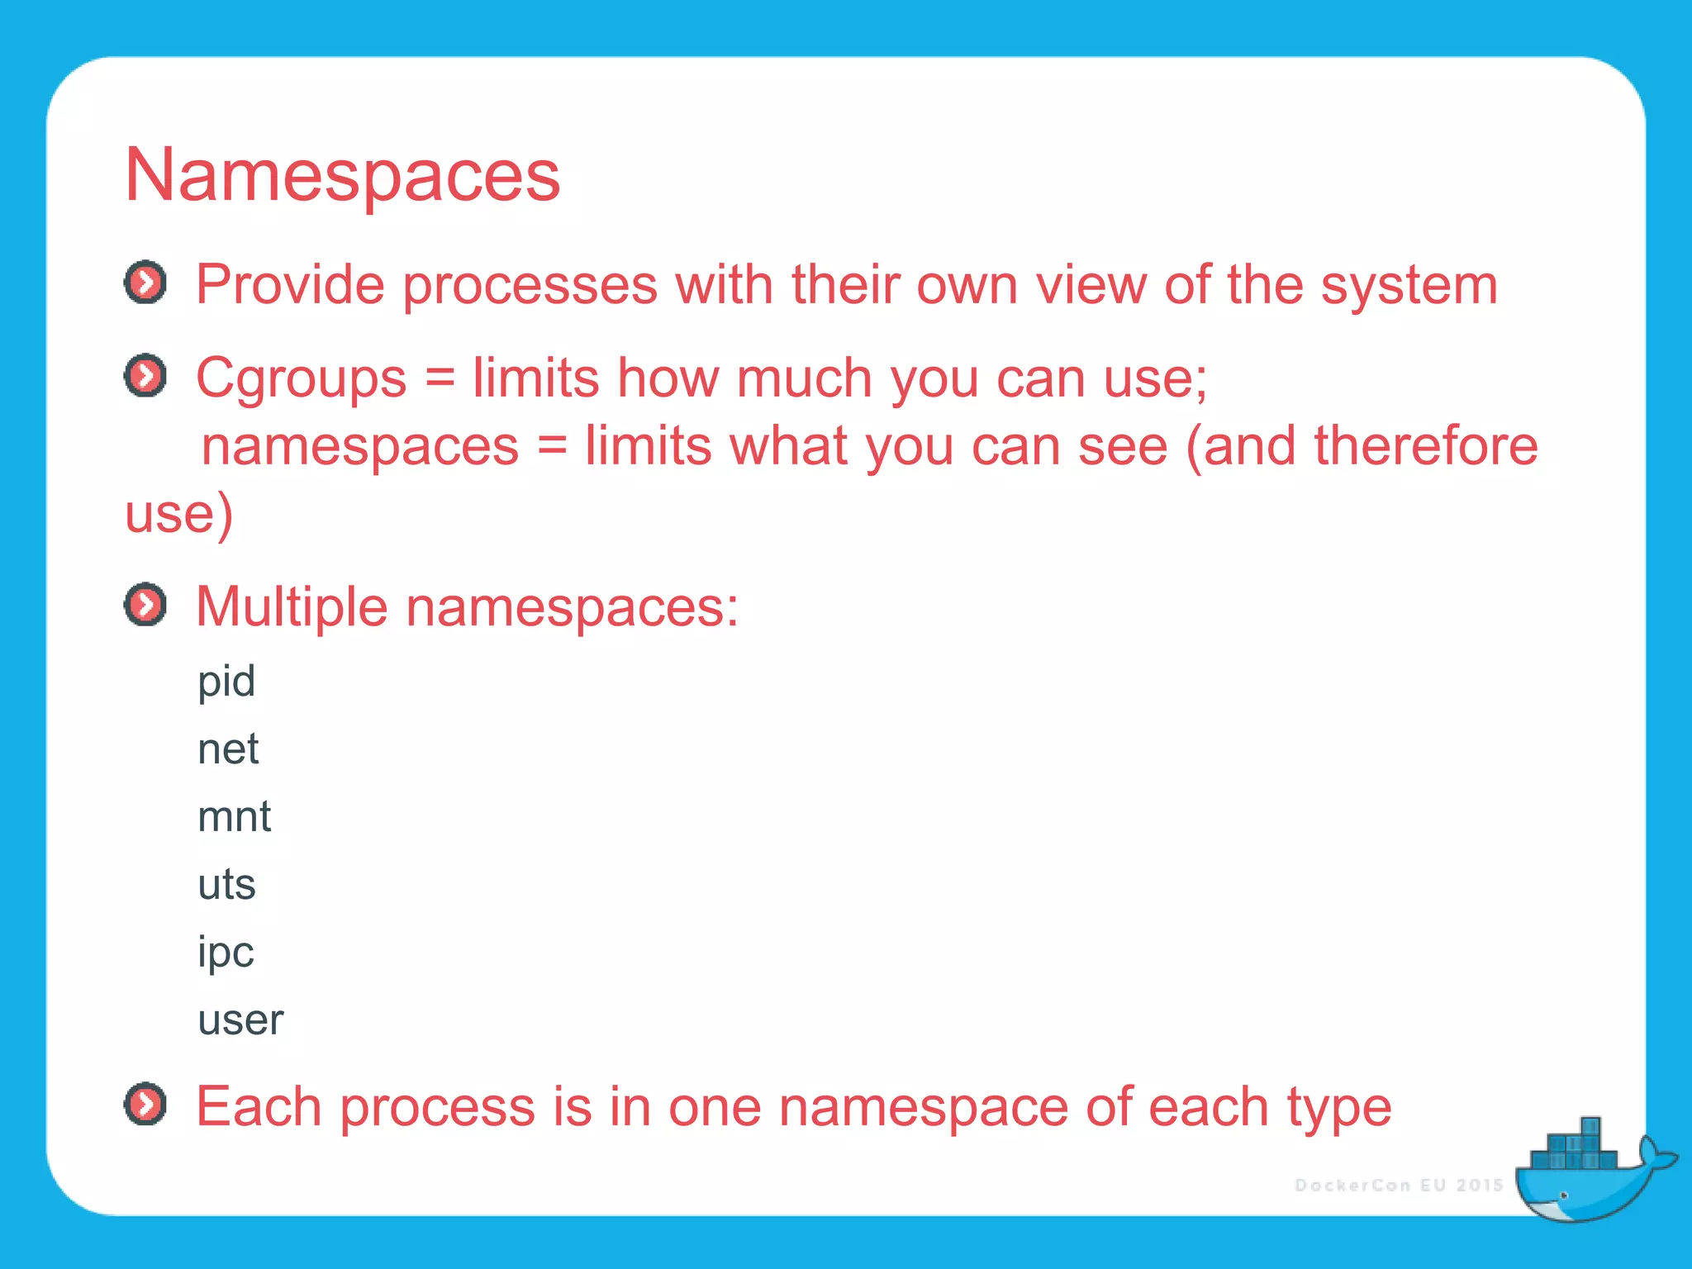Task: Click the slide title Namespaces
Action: [342, 175]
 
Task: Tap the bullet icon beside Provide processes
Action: [145, 283]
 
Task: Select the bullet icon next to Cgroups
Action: [145, 376]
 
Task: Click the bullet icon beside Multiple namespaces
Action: [145, 605]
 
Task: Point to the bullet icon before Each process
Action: [145, 1104]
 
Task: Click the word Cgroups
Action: [301, 378]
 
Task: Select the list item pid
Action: [226, 682]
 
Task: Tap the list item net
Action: [228, 749]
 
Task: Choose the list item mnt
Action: [234, 817]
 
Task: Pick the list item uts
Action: [226, 885]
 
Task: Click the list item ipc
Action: [226, 953]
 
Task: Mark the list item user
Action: [240, 1020]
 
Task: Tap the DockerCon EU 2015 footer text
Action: [1399, 1186]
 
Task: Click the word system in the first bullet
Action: [1409, 285]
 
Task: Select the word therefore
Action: [1426, 446]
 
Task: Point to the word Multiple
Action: [292, 607]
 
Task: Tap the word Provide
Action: [290, 285]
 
